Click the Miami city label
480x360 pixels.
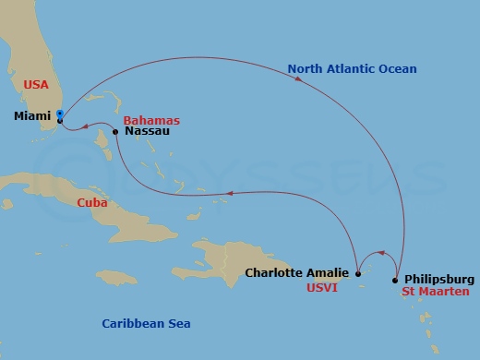pos(32,116)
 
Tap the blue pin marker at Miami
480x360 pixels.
pos(59,115)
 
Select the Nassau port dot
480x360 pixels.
pos(114,132)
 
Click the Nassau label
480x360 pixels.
pos(142,132)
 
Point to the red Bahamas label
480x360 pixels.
pos(151,121)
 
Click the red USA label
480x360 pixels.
pos(35,84)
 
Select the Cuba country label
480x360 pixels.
pos(92,202)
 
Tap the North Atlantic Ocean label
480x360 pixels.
pos(352,68)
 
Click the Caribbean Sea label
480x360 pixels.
pos(145,323)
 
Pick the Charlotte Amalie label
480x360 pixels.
pos(297,272)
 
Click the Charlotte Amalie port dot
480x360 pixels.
pos(358,273)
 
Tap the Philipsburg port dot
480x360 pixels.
pos(395,280)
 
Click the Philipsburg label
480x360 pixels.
pos(439,279)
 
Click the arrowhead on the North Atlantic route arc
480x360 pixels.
pos(300,80)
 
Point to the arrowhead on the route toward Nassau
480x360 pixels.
pos(231,194)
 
